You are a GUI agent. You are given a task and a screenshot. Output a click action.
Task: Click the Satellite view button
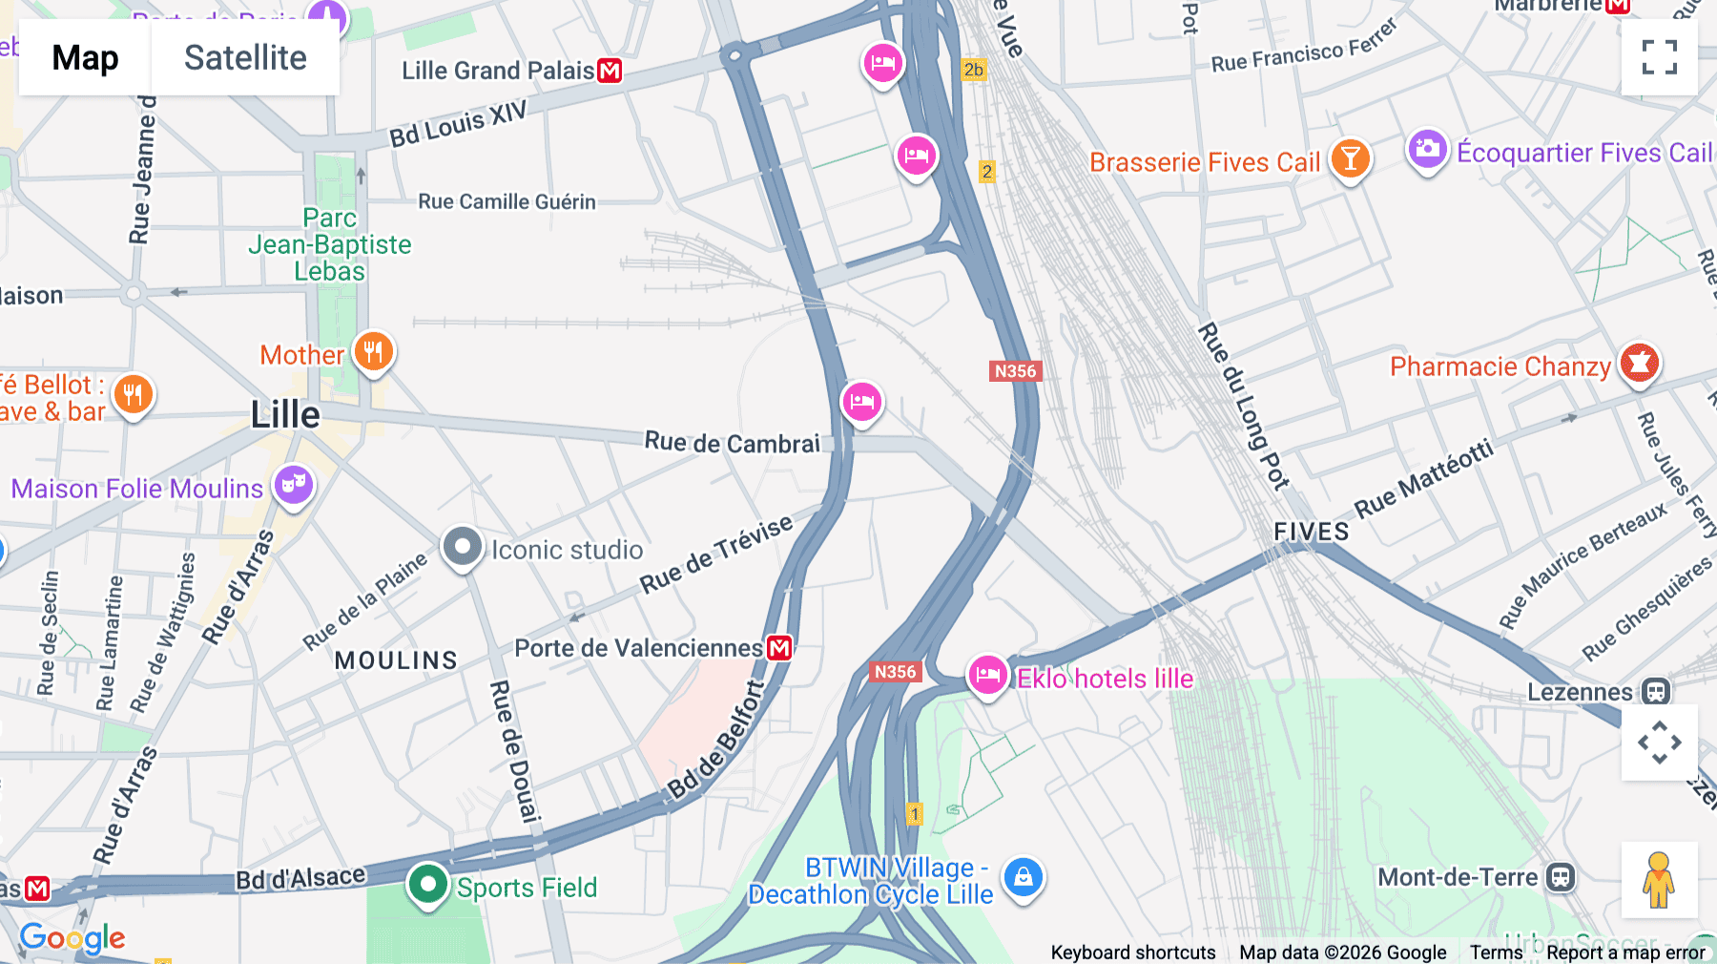245,58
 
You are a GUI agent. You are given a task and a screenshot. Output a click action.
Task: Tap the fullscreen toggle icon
1659,57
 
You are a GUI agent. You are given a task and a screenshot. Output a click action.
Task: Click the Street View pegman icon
1659,879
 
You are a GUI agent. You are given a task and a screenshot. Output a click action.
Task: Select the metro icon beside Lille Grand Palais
610,71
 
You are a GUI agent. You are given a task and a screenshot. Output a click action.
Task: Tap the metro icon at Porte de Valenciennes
779,648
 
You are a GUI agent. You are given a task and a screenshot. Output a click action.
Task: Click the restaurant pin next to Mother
373,352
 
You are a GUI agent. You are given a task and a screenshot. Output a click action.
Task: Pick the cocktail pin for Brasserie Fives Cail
1350,159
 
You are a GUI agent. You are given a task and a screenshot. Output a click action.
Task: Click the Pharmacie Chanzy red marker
1639,364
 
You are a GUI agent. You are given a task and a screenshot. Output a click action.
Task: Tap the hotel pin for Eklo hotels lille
987,676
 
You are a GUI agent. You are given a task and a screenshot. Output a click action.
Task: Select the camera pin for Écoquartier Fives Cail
1427,150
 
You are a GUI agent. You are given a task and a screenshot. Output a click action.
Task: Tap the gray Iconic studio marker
463,548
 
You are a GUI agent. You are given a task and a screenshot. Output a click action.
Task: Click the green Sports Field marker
427,885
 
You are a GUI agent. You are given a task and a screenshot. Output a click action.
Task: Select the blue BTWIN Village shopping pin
1023,876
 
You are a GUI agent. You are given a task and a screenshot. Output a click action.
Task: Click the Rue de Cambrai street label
732,443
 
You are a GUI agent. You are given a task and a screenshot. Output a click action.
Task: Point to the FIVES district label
1311,532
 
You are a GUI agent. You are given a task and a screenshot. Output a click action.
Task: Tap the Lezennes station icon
1656,691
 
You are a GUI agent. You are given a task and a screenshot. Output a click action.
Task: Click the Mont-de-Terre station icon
1561,876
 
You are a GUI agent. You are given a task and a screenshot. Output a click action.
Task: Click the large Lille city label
285,415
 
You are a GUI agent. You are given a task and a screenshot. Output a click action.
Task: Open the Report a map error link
1625,952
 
